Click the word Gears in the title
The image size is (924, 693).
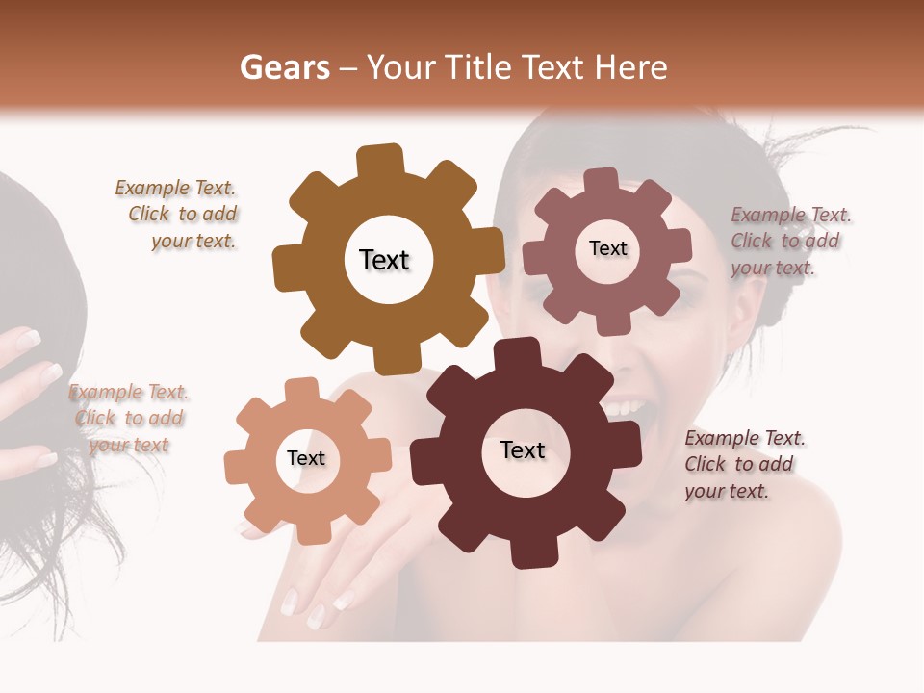[284, 67]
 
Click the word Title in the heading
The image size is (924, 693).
[477, 67]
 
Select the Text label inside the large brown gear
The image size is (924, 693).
[384, 260]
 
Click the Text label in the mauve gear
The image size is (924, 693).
[607, 248]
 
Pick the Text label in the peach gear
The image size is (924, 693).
[306, 458]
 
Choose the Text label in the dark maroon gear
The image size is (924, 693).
[523, 450]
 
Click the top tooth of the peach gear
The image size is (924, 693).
[301, 390]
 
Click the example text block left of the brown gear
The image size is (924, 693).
[179, 215]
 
